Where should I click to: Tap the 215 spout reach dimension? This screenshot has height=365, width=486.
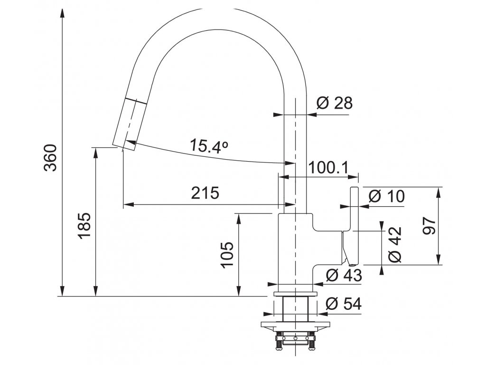[x=205, y=193]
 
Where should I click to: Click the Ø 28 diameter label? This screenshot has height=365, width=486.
[x=335, y=103]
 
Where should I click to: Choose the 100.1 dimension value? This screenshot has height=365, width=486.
[x=328, y=167]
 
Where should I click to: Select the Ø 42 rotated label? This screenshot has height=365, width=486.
[x=395, y=245]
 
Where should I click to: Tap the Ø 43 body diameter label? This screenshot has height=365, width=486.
[x=344, y=275]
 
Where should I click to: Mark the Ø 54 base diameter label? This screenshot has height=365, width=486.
[x=344, y=304]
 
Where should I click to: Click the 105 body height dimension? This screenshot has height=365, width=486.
[x=228, y=255]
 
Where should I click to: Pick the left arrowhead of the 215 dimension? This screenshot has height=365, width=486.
[x=127, y=205]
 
